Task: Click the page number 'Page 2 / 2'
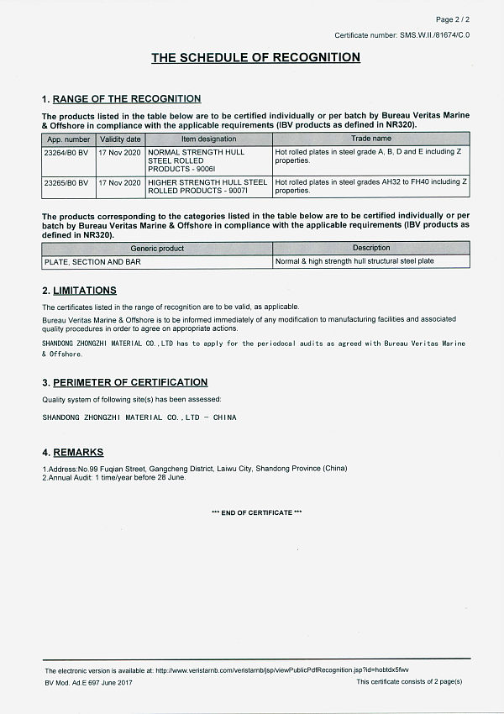[453, 18]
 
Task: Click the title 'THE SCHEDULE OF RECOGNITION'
[255, 58]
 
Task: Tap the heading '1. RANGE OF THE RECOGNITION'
[122, 99]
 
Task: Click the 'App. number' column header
[69, 139]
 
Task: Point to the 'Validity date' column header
[120, 139]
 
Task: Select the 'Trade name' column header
[370, 139]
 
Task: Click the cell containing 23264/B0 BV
[66, 151]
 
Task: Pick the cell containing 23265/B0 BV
[66, 181]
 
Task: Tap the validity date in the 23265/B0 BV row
[120, 181]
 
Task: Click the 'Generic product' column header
[157, 249]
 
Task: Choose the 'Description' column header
[371, 249]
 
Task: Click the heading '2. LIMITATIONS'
[79, 291]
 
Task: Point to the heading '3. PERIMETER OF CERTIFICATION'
[124, 382]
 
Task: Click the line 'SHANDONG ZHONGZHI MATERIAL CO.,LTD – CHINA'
[139, 417]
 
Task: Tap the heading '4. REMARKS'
[73, 453]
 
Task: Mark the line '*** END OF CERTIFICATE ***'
[256, 512]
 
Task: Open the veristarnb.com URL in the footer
[282, 670]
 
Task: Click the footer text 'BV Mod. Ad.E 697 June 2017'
[88, 682]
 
